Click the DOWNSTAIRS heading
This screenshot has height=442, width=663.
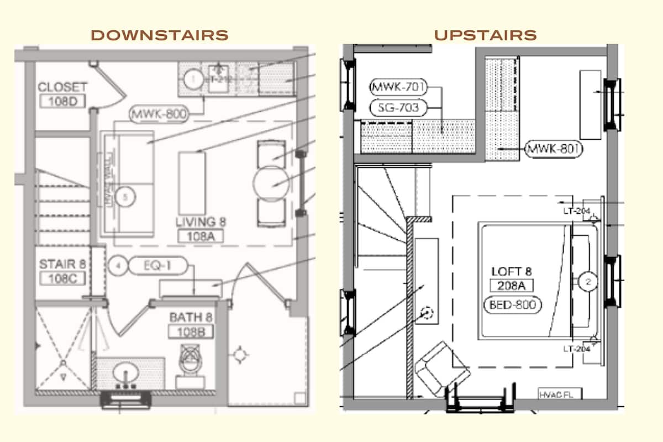click(x=159, y=35)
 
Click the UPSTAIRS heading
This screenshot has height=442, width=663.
click(x=485, y=35)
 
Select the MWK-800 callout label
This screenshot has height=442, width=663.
click(x=159, y=114)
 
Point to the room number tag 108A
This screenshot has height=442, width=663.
click(x=196, y=236)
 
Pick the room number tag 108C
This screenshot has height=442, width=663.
click(x=62, y=278)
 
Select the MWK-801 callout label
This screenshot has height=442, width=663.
click(x=554, y=149)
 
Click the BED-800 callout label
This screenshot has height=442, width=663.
click(x=512, y=304)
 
